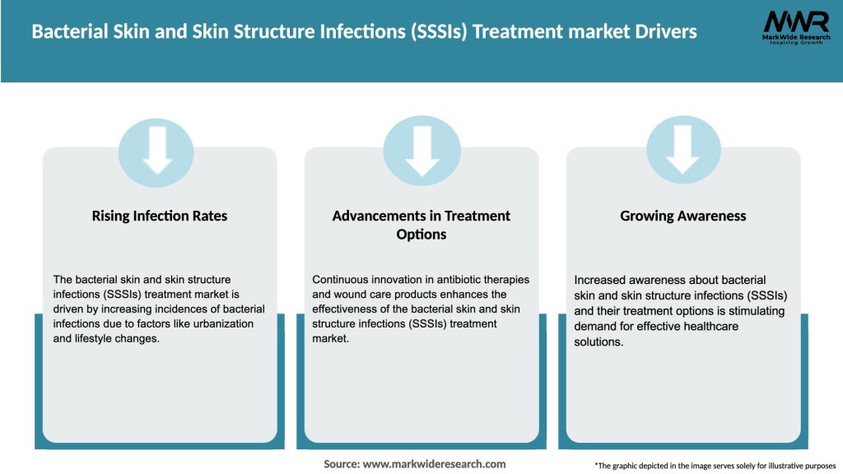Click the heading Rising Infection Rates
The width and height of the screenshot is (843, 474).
[160, 216]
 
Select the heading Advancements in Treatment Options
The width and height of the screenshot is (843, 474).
[421, 225]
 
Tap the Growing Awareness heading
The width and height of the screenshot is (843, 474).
[682, 216]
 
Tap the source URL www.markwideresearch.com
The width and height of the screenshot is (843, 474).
[434, 464]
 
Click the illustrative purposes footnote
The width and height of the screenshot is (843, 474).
[715, 466]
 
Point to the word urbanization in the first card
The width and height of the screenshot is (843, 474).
[220, 323]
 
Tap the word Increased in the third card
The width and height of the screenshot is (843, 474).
[602, 280]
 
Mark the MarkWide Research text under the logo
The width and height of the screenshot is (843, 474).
[795, 38]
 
